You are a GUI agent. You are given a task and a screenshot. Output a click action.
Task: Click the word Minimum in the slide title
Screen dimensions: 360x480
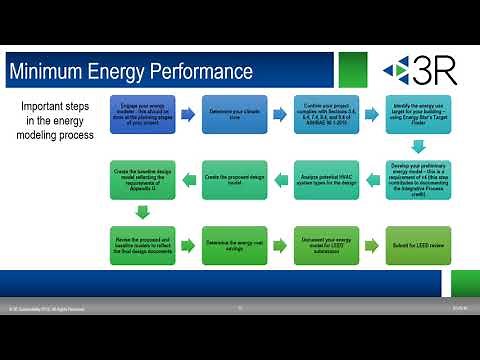48,72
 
